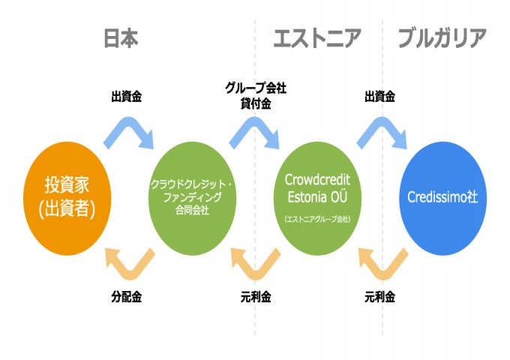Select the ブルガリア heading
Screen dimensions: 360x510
[442, 38]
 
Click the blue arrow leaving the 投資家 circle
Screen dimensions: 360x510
[129, 131]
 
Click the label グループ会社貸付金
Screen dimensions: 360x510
[255, 96]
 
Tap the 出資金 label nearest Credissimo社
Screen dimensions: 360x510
[380, 97]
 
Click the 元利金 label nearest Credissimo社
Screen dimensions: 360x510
[380, 296]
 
